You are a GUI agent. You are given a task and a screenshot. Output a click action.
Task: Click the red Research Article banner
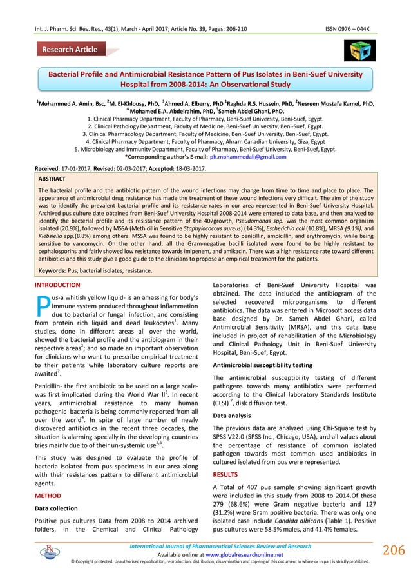(x=70, y=50)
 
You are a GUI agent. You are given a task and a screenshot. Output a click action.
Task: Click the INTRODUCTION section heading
(x=58, y=285)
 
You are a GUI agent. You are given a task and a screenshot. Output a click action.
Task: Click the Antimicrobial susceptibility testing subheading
(x=263, y=366)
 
